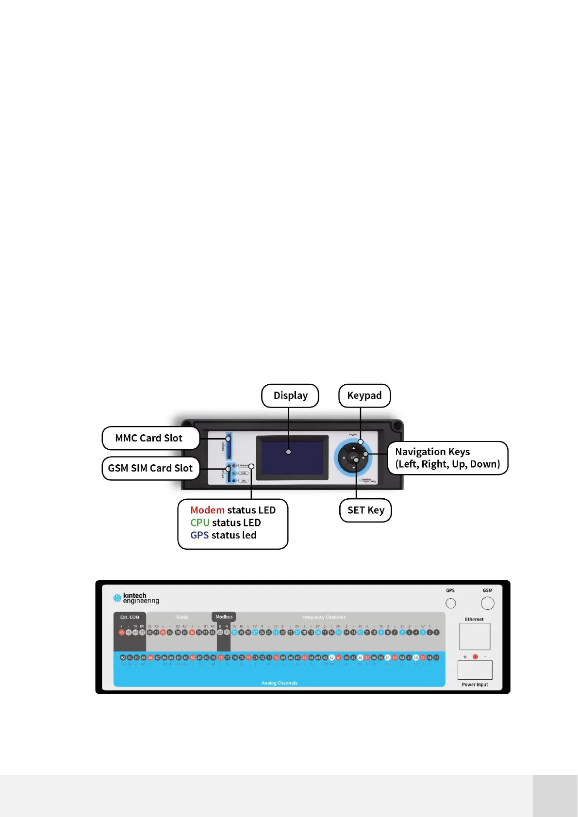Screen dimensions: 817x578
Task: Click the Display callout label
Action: pyautogui.click(x=290, y=396)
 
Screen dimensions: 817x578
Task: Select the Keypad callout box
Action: pyautogui.click(x=364, y=396)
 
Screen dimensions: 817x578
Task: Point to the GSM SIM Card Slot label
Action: pyautogui.click(x=150, y=468)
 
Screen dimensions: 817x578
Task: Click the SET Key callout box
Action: pyautogui.click(x=365, y=510)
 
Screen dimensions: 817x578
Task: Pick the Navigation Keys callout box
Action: pyautogui.click(x=447, y=458)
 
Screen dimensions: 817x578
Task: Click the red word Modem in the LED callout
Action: pyautogui.click(x=207, y=510)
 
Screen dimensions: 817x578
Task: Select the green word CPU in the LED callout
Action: pyautogui.click(x=199, y=523)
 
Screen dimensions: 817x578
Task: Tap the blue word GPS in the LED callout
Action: pyautogui.click(x=199, y=535)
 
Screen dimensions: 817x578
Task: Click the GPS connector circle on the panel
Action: pyautogui.click(x=451, y=603)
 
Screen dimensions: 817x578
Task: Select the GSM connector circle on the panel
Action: pyautogui.click(x=487, y=603)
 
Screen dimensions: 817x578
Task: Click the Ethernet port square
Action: pyautogui.click(x=475, y=637)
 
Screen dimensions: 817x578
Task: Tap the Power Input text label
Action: pyautogui.click(x=475, y=685)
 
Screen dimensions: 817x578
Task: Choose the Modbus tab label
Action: pyautogui.click(x=224, y=617)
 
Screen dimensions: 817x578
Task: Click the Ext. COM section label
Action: pyautogui.click(x=130, y=618)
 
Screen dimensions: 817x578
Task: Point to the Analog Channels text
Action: pyautogui.click(x=279, y=683)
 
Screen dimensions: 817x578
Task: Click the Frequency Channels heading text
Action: pyautogui.click(x=324, y=618)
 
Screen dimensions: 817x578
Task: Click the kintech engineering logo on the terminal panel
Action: pyautogui.click(x=136, y=598)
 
